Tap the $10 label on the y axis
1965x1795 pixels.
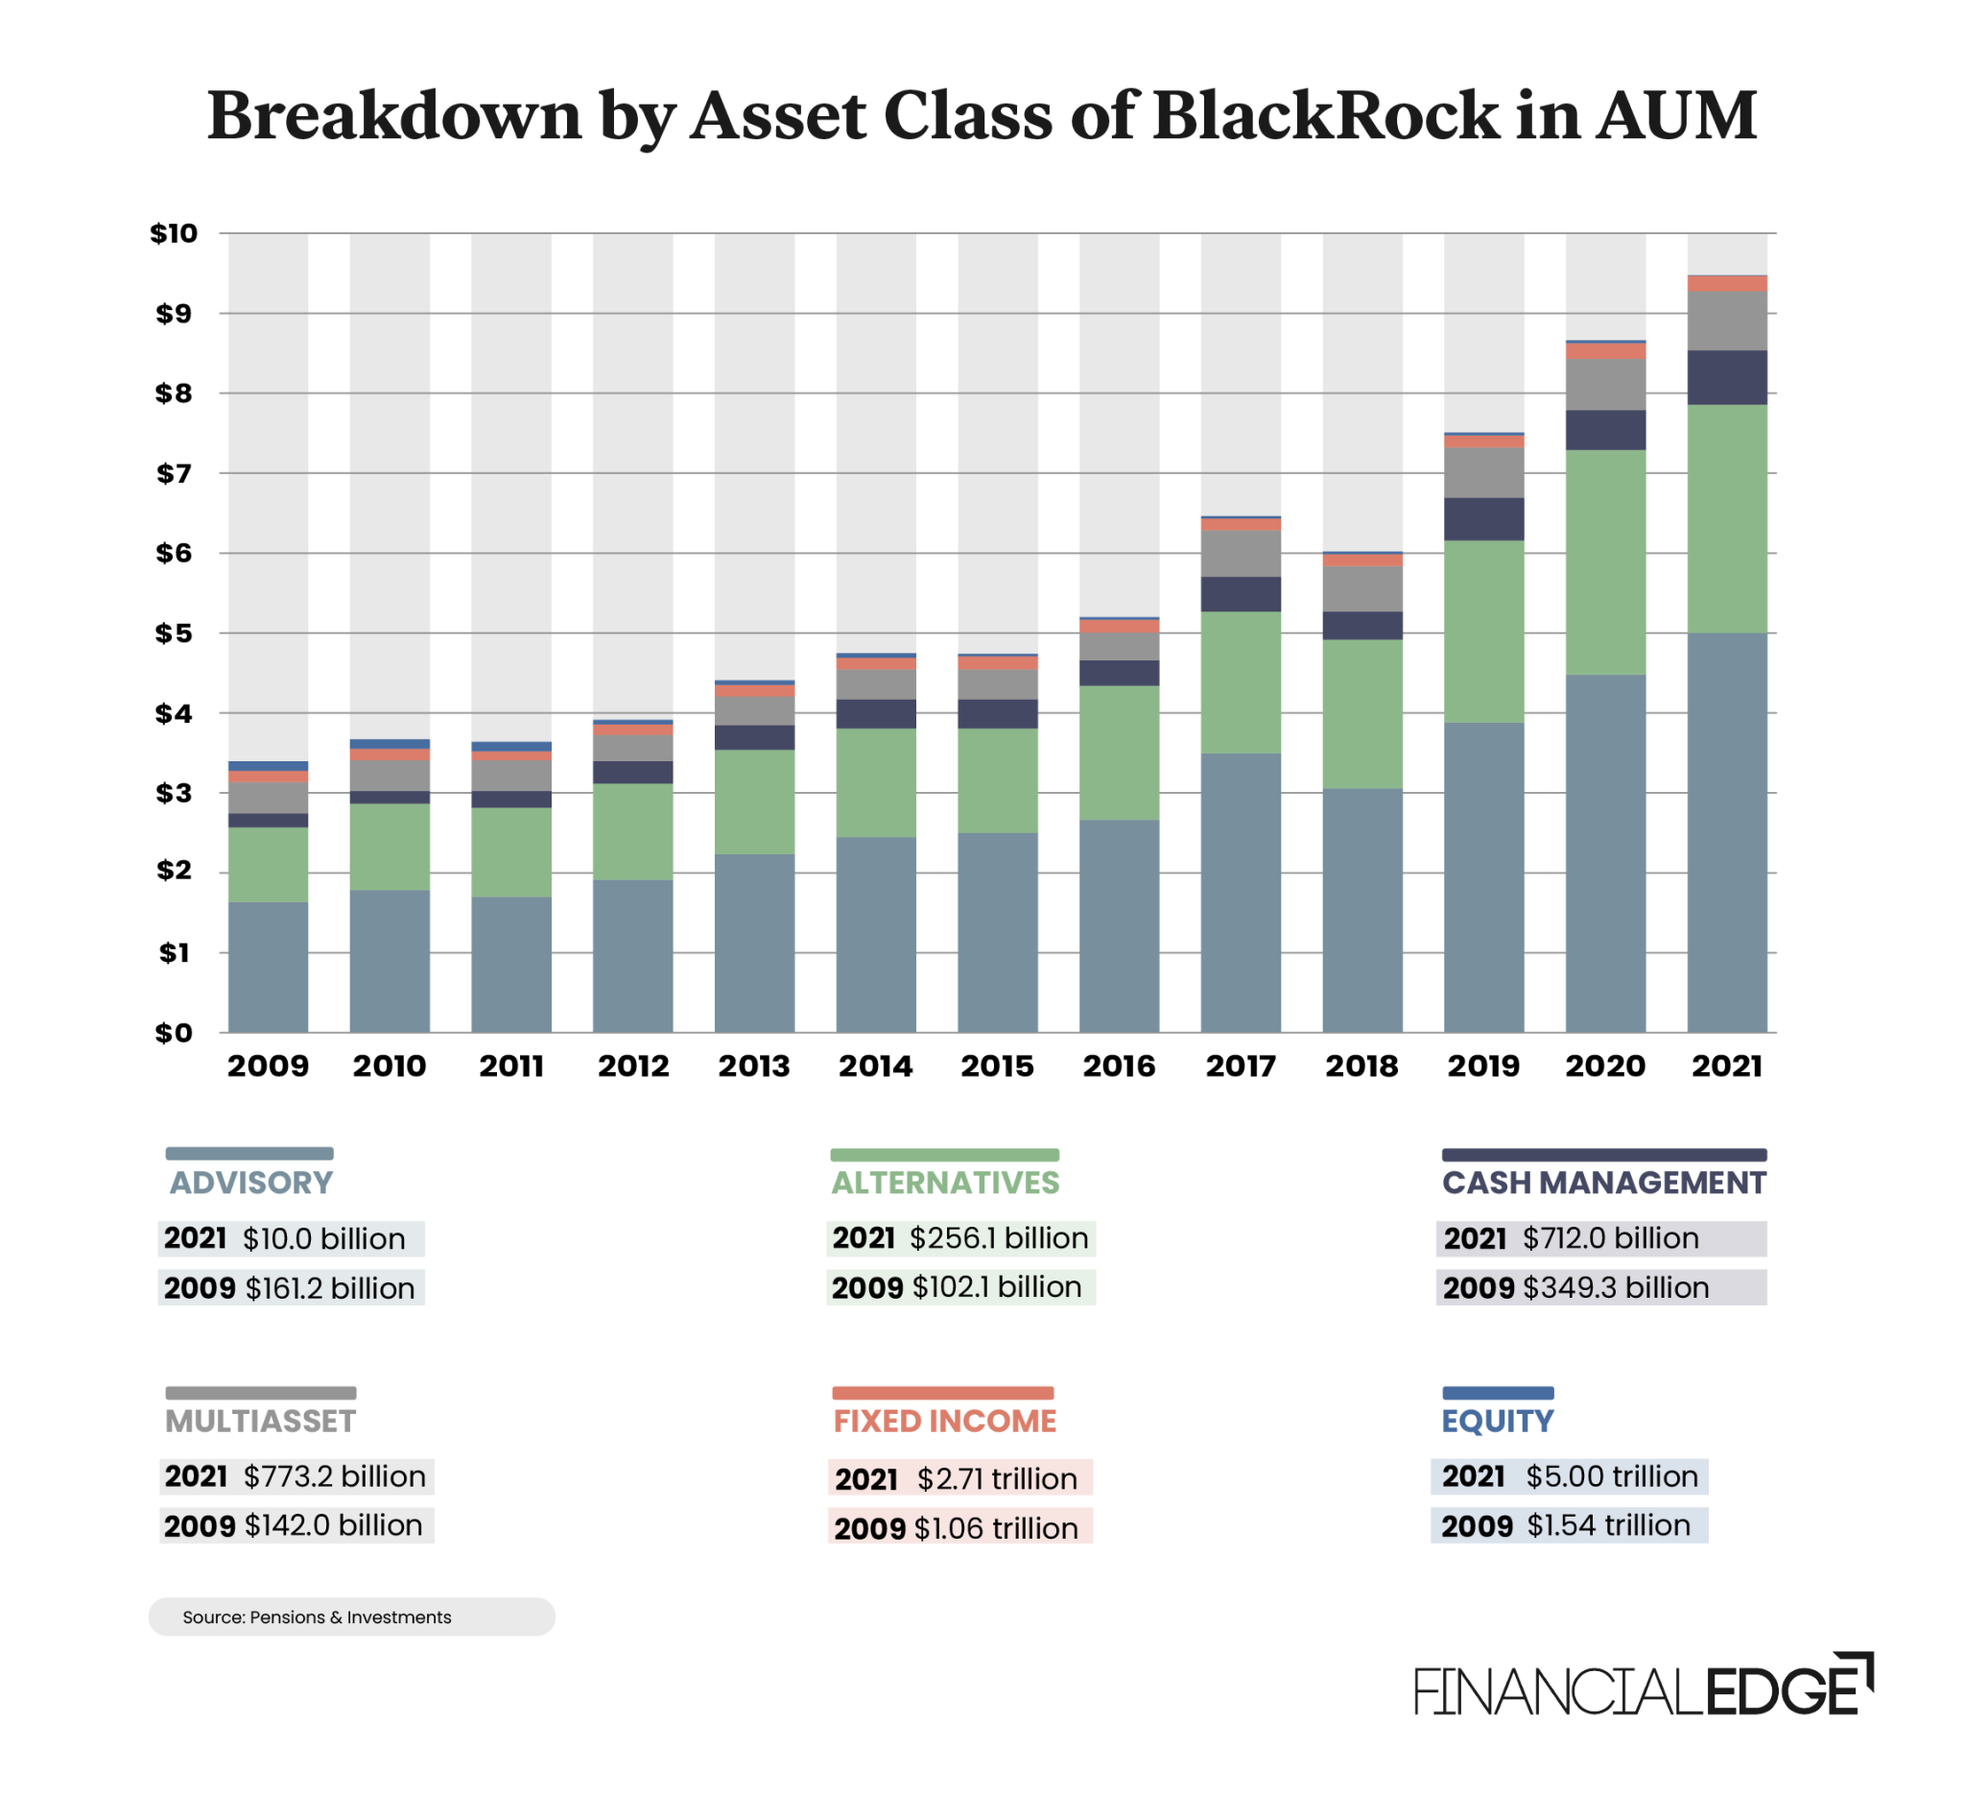[174, 233]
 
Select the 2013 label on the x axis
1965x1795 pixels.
[754, 1065]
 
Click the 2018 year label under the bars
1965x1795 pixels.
[1361, 1065]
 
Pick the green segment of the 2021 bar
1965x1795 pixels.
[1727, 518]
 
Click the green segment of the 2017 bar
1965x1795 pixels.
[1241, 682]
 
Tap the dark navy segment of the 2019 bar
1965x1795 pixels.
[1483, 518]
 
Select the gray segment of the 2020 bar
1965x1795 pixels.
[1605, 384]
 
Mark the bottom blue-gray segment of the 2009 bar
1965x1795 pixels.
[268, 968]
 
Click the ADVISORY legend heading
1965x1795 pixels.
[251, 1183]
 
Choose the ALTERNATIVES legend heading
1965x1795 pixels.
[944, 1183]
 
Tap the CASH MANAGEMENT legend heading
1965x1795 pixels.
[1603, 1183]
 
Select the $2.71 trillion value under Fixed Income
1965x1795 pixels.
[996, 1479]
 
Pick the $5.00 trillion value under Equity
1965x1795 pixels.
[1611, 1476]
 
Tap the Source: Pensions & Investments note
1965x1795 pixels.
[317, 1617]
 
